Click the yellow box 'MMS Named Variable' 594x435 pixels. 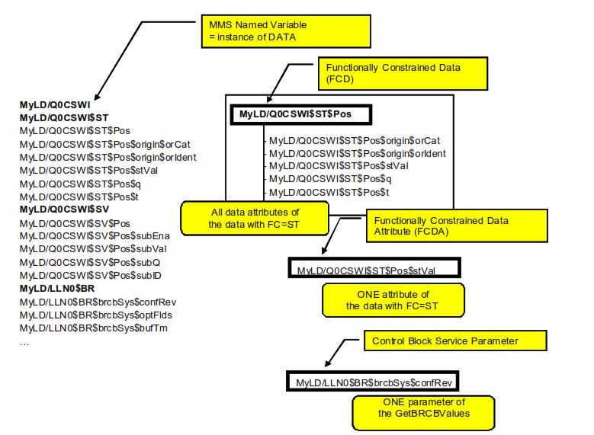287,31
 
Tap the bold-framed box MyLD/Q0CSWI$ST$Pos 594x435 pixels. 300,114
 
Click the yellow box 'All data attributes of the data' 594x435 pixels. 254,218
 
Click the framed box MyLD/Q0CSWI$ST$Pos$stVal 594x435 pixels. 373,270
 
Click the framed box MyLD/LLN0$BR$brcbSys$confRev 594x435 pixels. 374,381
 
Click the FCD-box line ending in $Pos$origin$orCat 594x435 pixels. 355,140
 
